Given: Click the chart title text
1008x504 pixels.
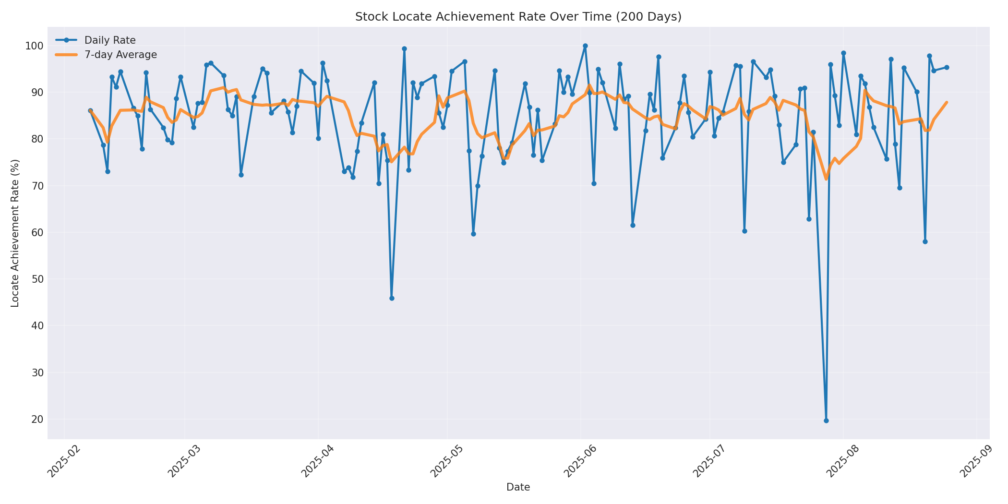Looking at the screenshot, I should coord(518,17).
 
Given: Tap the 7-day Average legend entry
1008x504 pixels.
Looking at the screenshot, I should coord(120,55).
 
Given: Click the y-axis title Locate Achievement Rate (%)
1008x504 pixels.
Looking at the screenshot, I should coord(15,233).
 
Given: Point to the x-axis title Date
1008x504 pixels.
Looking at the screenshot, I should coord(518,487).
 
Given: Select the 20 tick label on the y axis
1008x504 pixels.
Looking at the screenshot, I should coord(37,420).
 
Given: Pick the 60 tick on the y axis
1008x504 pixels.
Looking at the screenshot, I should coord(37,233).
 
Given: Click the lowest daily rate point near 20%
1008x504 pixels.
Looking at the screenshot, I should coord(826,420).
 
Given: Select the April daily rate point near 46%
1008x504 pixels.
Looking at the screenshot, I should coord(392,298).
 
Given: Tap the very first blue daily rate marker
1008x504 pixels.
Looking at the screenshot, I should coord(90,111).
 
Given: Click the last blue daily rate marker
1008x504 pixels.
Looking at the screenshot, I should coord(947,67).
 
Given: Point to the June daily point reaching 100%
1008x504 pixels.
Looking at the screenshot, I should coord(585,46).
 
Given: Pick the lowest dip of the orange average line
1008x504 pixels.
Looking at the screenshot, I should coord(826,179).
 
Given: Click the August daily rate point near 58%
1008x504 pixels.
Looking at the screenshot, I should coord(925,241).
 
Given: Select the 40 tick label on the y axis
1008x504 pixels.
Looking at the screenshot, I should coord(37,326).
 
